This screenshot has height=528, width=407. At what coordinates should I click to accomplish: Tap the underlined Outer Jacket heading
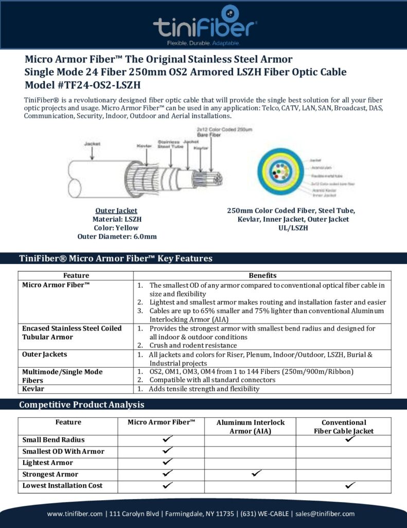click(116, 210)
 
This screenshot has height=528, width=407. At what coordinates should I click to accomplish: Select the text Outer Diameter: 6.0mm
click(117, 237)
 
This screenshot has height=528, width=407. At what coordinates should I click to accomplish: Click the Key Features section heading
click(115, 258)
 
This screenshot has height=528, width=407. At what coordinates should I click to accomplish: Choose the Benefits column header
click(262, 276)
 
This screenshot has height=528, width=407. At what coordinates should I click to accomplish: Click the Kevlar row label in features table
click(33, 389)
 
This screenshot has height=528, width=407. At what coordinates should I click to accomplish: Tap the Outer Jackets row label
click(44, 355)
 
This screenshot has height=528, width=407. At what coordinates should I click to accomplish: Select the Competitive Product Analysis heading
click(81, 405)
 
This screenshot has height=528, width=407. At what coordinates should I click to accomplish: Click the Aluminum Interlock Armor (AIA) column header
click(250, 426)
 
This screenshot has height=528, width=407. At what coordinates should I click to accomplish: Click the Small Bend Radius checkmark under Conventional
click(351, 439)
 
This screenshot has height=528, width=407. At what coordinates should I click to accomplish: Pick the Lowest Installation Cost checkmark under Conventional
click(350, 485)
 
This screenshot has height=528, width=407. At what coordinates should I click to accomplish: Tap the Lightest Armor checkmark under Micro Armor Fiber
click(167, 461)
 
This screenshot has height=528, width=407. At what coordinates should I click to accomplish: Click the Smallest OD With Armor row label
click(63, 452)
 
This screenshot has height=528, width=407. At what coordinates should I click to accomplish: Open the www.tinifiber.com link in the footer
click(75, 514)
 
